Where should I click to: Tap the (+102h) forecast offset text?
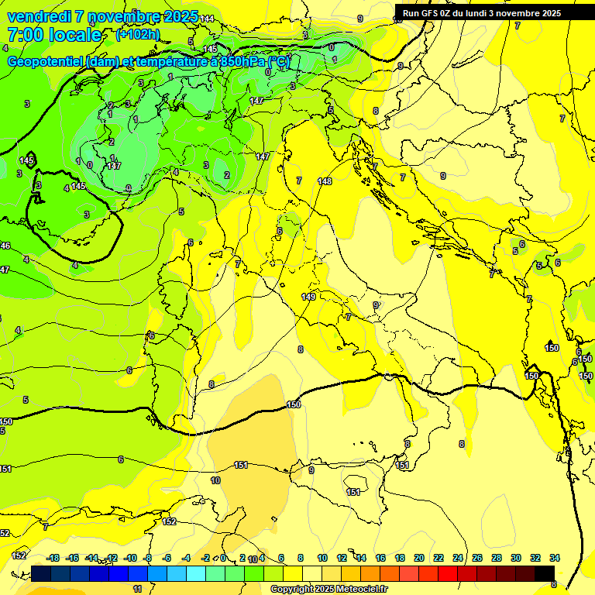click(x=137, y=34)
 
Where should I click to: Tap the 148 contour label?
click(x=325, y=181)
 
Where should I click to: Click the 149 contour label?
click(x=308, y=297)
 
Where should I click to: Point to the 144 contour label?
click(x=207, y=19)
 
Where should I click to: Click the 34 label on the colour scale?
click(x=555, y=558)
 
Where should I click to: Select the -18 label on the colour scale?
click(x=53, y=558)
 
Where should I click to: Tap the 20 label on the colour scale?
click(x=419, y=558)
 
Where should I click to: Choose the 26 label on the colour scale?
click(x=476, y=558)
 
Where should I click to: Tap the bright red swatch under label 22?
click(x=448, y=573)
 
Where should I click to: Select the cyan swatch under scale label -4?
click(x=196, y=573)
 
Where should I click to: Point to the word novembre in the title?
click(x=115, y=16)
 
